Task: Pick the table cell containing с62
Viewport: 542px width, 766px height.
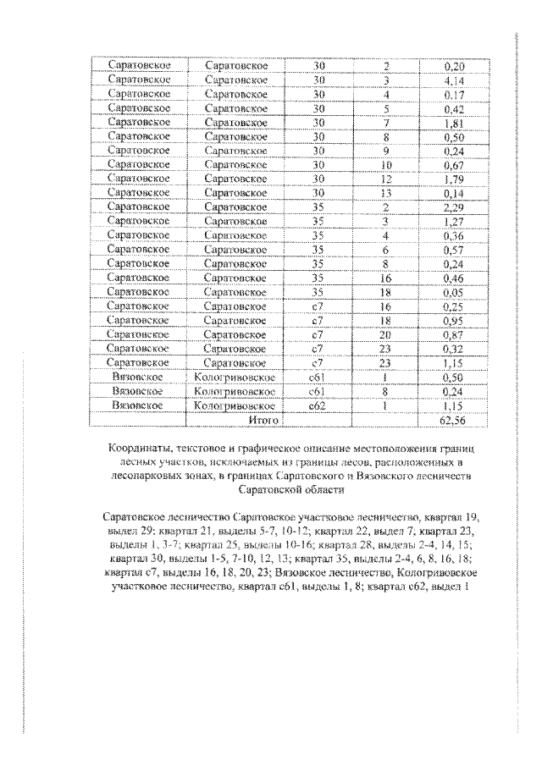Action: pyautogui.click(x=318, y=405)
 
